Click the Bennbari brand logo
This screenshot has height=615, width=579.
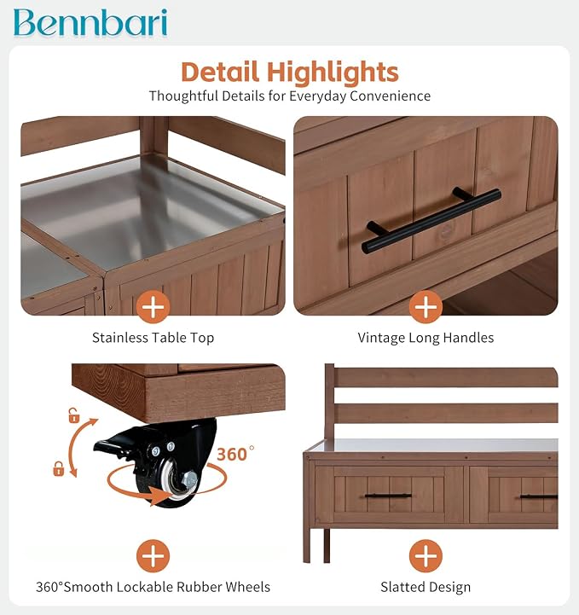pos(90,23)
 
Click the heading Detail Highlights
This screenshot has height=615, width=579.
pos(290,73)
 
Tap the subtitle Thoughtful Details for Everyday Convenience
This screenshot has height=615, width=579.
pos(290,96)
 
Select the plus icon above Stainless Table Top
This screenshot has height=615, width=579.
pos(153,307)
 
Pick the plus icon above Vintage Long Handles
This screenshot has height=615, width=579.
pos(426,307)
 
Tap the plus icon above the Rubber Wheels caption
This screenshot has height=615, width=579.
pos(153,556)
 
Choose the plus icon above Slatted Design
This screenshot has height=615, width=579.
pos(426,556)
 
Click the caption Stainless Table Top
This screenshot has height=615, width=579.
pos(153,338)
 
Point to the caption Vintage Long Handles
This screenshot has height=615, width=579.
pos(426,338)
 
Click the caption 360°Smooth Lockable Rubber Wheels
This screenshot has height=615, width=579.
pos(153,587)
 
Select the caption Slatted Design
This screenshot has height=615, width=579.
pos(426,587)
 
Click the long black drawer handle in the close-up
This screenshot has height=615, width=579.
pos(431,220)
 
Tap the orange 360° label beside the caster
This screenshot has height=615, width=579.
pos(235,454)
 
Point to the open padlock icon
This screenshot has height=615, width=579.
pos(73,415)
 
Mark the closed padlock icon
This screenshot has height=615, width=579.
pos(58,468)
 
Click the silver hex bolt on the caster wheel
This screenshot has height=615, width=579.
pos(190,479)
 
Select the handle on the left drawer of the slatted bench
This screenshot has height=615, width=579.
pos(388,496)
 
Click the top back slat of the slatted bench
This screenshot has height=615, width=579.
pos(446,377)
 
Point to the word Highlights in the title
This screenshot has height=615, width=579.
pos(333,73)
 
